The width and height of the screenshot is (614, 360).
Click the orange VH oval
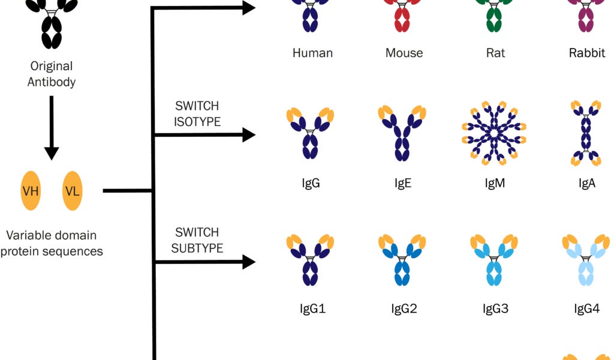[x=31, y=191]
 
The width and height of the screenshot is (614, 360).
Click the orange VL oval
[x=72, y=191]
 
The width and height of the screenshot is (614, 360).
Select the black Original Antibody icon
[x=51, y=24]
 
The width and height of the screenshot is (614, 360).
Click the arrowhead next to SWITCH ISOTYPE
[x=248, y=134]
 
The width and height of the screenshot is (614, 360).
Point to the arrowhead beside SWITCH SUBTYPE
[x=248, y=262]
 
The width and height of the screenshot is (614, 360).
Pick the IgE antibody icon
[x=402, y=133]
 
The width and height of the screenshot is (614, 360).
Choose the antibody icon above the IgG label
[x=310, y=134]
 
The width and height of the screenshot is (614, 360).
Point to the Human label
[x=312, y=53]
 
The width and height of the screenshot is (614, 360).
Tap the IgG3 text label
[x=495, y=309]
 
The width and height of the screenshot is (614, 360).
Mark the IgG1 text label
[x=312, y=309]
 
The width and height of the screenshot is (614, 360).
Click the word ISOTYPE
[x=197, y=122]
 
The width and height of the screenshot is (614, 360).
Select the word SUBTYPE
[x=197, y=248]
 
